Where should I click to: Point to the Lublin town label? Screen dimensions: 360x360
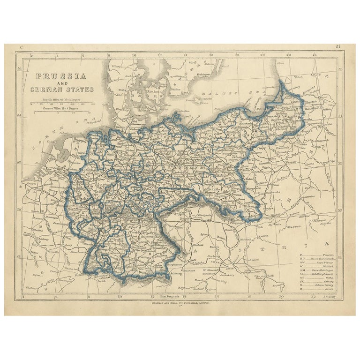point(308,187)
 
